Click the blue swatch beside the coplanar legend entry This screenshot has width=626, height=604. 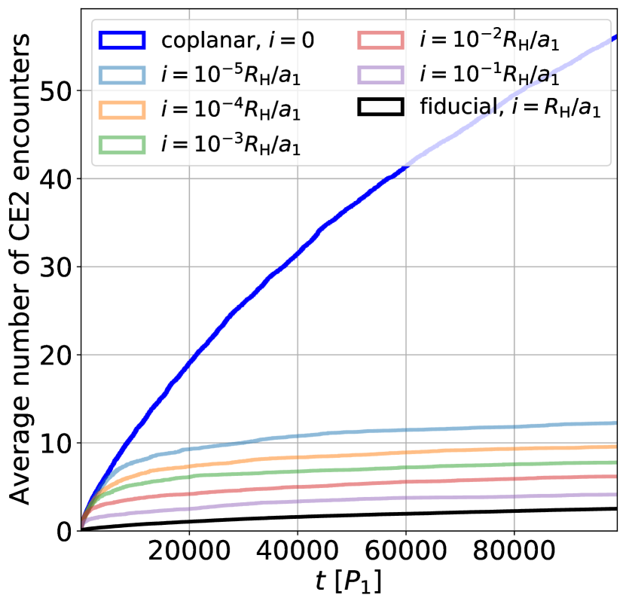121,40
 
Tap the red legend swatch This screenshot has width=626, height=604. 381,40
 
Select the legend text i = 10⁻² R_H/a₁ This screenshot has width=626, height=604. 490,40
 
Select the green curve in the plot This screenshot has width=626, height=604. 377,468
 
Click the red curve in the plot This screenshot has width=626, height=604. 377,483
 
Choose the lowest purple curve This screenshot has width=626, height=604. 377,499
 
